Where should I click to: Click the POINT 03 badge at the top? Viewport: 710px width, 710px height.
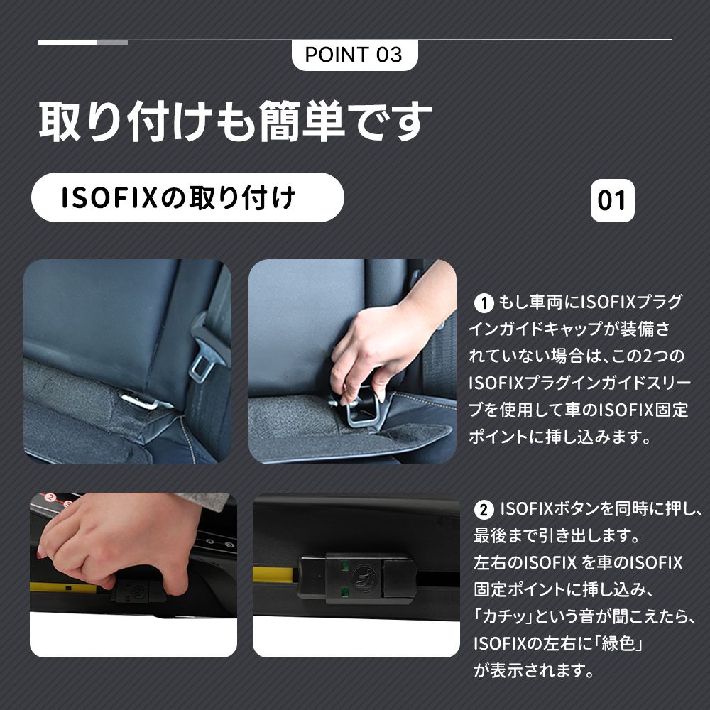click(354, 55)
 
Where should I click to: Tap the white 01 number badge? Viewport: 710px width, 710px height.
click(612, 200)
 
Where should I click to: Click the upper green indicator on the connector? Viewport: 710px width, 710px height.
click(344, 566)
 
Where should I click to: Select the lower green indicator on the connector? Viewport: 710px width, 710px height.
click(344, 591)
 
